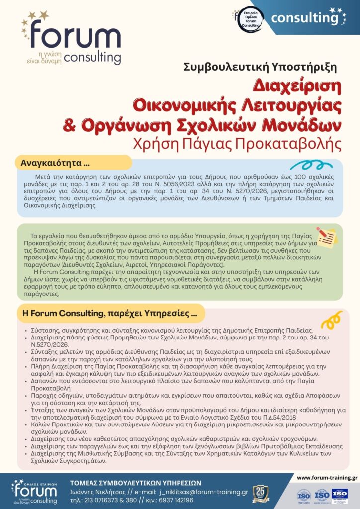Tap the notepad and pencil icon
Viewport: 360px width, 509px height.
(x=327, y=237)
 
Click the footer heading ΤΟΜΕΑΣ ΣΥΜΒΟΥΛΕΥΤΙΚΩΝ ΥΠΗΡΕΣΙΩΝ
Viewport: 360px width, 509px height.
(x=135, y=482)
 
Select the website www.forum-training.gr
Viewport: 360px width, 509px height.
(x=327, y=478)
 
